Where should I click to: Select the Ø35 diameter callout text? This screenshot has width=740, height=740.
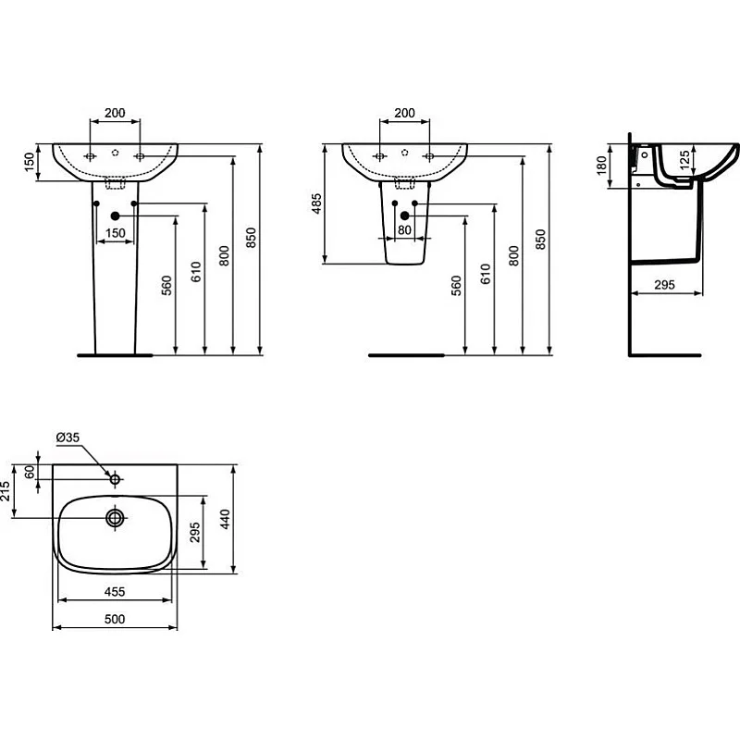(68, 438)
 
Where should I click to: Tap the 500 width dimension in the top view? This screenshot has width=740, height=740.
(114, 619)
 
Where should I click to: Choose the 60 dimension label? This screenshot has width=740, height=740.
(31, 472)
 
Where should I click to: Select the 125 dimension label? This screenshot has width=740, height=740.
(685, 158)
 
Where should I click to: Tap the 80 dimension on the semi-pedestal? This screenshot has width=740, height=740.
(404, 230)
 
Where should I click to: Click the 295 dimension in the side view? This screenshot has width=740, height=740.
(664, 284)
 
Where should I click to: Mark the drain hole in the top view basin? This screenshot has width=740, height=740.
(115, 517)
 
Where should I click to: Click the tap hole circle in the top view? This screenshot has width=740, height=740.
(115, 479)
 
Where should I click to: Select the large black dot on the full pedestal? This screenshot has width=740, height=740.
(115, 216)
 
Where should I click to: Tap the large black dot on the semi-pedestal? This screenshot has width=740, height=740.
(404, 216)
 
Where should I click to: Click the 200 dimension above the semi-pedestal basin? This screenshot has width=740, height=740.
(404, 113)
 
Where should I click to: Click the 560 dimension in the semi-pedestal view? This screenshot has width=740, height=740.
(456, 286)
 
